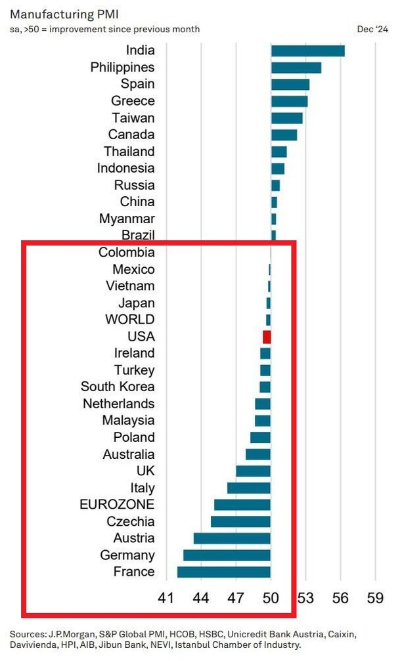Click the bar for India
click(x=307, y=51)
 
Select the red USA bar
click(x=267, y=337)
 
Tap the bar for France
click(x=224, y=572)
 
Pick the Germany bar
click(x=227, y=555)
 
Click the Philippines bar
click(x=296, y=68)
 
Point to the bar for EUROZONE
click(x=242, y=505)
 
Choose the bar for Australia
click(x=258, y=454)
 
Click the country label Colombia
click(x=127, y=253)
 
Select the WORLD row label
click(x=130, y=320)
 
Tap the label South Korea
click(x=118, y=387)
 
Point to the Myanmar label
click(x=127, y=219)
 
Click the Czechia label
click(x=131, y=522)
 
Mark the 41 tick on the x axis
click(x=167, y=598)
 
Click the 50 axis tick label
click(x=271, y=598)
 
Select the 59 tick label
click(x=375, y=598)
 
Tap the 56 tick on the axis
click(x=340, y=598)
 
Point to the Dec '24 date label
click(x=372, y=29)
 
